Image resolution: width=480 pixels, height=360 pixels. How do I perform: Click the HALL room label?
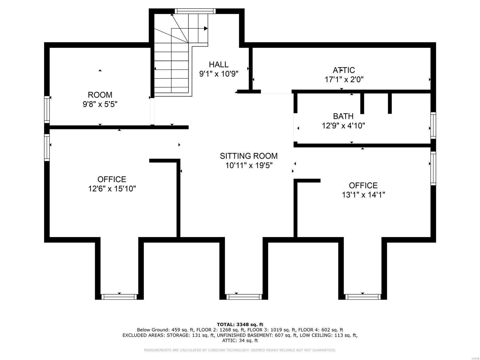coord(219,64)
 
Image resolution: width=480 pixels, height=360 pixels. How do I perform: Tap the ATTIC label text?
coord(344,70)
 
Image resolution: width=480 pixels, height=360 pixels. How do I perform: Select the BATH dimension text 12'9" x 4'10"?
coord(343,126)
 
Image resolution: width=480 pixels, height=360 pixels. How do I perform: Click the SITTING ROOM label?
coord(249,156)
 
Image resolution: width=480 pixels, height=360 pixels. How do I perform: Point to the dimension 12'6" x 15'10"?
coord(112,189)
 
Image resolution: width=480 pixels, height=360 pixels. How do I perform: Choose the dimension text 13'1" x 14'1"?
coord(363,195)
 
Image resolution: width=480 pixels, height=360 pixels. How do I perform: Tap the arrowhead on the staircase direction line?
coord(206,28)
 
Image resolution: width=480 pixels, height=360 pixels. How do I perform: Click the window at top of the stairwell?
coord(195,11)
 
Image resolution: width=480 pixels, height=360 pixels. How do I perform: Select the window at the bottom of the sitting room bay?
coord(244,297)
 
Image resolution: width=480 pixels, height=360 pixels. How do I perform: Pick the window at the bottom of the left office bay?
coord(119,297)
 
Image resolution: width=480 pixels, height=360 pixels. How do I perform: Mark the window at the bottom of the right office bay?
coord(362,297)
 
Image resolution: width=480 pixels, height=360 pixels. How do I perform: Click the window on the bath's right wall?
coord(433,125)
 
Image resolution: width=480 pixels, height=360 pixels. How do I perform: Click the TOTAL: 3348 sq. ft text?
coord(240,324)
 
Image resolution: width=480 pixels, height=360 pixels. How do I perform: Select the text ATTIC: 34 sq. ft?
coord(240,340)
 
